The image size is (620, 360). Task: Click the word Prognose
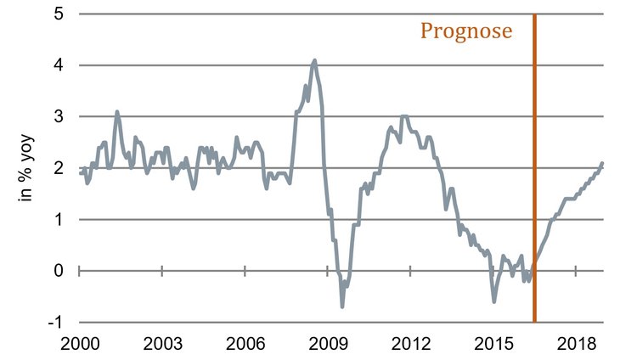pos(466,32)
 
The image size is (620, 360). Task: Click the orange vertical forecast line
pos(534,170)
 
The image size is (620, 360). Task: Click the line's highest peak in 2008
pos(314,60)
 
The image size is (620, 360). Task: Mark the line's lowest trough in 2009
pos(342,306)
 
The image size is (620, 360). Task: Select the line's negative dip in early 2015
pos(494,301)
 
